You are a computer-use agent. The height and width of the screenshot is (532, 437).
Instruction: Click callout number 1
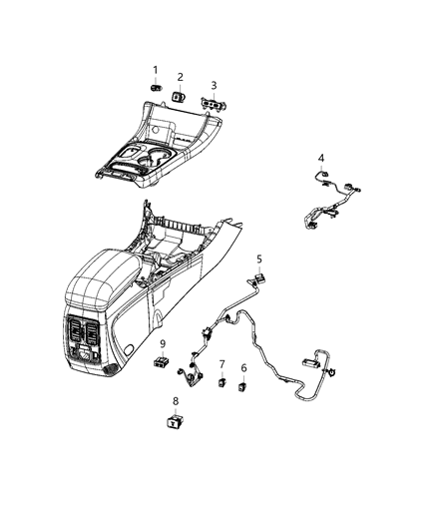(156, 69)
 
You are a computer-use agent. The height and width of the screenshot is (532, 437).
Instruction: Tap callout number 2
(181, 77)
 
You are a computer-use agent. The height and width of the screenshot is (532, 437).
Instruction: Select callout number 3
(213, 85)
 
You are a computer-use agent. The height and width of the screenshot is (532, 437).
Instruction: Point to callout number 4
(320, 158)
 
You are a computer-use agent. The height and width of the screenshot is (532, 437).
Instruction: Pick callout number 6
(243, 368)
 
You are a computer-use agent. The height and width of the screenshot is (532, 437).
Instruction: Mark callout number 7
(221, 364)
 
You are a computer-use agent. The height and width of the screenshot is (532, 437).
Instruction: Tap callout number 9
(162, 344)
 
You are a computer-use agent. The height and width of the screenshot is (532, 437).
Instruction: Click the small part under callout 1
(156, 88)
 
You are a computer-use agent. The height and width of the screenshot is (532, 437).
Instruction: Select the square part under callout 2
(178, 97)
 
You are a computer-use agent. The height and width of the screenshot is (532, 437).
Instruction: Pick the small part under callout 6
(243, 387)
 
